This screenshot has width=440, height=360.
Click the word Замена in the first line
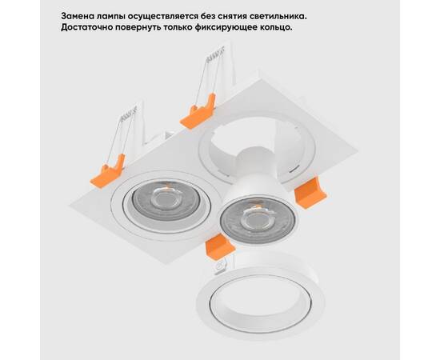point(82,15)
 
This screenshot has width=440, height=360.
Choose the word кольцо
point(309,28)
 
